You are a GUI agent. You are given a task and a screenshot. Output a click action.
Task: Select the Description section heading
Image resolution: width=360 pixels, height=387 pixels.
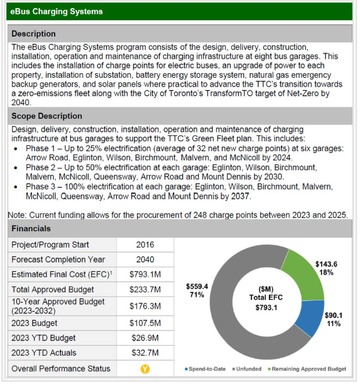34,34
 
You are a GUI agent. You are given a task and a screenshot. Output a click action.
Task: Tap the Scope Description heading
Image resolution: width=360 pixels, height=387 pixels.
47,116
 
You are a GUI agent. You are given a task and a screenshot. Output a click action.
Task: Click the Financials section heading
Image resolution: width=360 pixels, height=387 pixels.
31,228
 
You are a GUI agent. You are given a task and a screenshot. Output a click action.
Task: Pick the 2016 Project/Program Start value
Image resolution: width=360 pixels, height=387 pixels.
145,245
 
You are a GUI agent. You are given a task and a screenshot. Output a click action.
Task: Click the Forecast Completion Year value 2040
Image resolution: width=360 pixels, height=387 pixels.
145,260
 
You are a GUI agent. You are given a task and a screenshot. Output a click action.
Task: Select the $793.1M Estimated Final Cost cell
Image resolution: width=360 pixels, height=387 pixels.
145,274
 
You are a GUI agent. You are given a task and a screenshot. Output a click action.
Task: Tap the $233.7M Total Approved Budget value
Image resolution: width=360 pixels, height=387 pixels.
145,289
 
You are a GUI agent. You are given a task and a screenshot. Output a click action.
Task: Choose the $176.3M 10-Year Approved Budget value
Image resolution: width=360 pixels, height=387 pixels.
145,306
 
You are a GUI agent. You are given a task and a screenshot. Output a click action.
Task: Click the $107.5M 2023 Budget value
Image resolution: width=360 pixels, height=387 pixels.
145,322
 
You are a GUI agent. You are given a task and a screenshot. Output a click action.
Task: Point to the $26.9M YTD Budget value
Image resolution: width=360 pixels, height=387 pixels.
145,338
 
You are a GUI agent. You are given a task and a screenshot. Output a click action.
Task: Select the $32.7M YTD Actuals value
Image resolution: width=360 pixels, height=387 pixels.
145,353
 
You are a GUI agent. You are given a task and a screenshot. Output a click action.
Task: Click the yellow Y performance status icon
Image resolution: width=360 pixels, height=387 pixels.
145,368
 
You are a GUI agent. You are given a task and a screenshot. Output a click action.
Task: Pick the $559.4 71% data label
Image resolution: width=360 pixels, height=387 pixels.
197,291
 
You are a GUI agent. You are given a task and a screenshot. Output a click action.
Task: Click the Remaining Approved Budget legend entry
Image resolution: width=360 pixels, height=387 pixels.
307,369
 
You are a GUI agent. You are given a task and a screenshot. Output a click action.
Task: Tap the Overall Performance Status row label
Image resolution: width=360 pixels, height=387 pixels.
61,368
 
